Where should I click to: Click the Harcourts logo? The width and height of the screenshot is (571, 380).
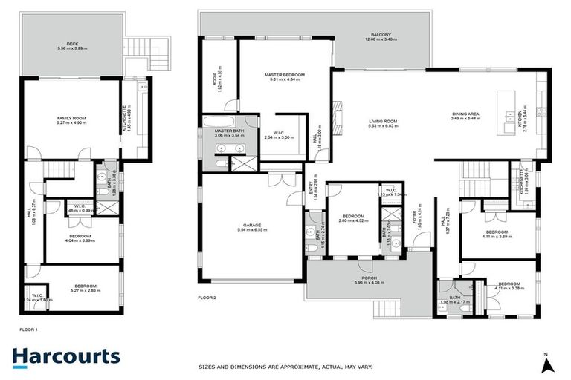point(66,356)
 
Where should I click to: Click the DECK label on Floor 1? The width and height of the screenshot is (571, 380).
point(71,43)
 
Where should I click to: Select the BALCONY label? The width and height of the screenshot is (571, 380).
point(383,34)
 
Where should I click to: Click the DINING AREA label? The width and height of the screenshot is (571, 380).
point(466,114)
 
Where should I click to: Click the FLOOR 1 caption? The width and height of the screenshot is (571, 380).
point(29,327)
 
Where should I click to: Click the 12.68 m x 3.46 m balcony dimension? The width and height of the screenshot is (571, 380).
point(383,39)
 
